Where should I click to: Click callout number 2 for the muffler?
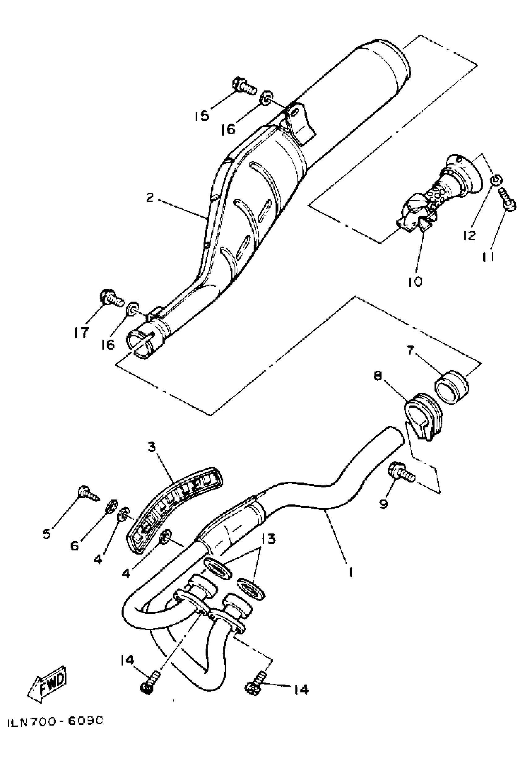point(150,198)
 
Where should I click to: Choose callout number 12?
point(469,235)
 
